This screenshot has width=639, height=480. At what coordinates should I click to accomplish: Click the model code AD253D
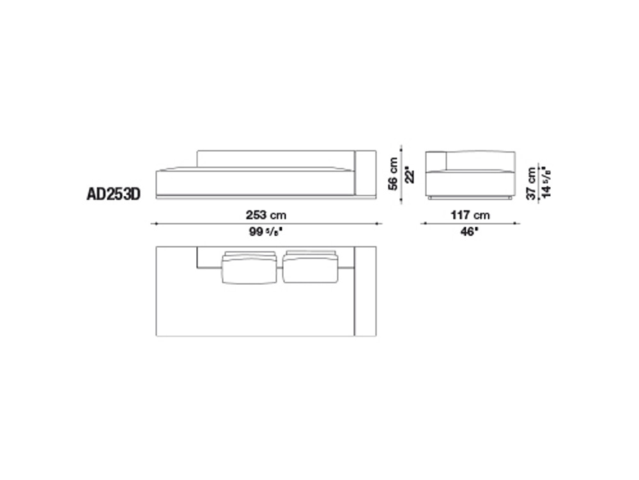(113, 193)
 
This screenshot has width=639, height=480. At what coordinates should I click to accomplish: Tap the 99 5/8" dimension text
(266, 232)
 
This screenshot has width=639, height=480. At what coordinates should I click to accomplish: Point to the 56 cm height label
(394, 173)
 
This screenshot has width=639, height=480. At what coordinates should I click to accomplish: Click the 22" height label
(413, 174)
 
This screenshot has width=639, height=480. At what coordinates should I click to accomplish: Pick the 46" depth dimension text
(469, 232)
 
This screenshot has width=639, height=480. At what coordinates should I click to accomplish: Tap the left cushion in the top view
(249, 268)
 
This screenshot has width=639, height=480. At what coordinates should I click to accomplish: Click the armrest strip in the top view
(365, 292)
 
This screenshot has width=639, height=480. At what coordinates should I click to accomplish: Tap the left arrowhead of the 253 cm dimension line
(153, 223)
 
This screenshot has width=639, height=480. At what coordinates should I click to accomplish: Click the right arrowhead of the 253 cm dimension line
(380, 223)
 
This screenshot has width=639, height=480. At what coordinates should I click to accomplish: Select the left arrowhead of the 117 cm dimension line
(422, 223)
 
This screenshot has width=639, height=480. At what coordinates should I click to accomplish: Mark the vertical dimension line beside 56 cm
(401, 173)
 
